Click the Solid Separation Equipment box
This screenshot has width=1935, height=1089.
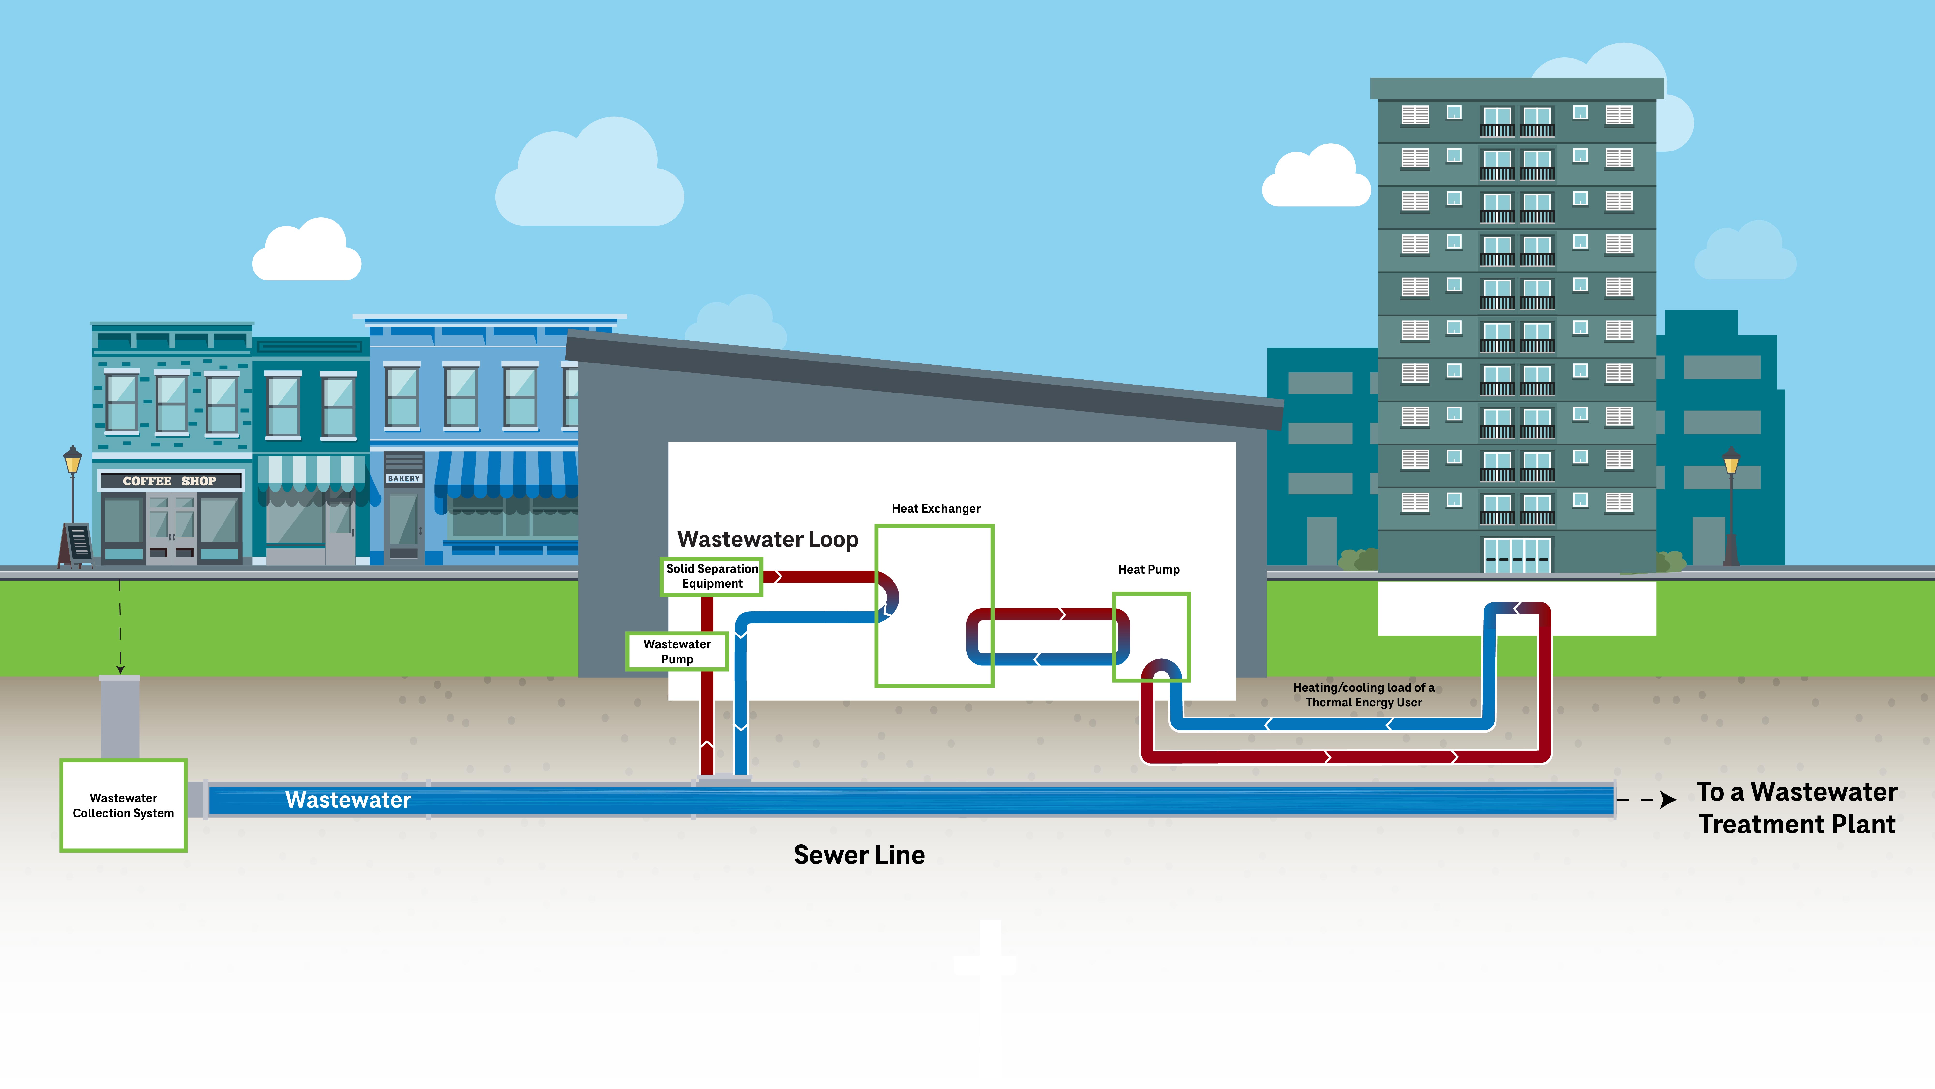coord(711,576)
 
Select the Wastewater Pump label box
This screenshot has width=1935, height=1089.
coord(677,652)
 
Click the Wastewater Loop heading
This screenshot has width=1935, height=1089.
coord(767,540)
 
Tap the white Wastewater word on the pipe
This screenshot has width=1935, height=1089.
coord(348,800)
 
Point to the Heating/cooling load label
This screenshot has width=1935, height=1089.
coord(1363,695)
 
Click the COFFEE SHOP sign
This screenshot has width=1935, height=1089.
coord(170,481)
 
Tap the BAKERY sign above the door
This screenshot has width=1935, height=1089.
coord(403,479)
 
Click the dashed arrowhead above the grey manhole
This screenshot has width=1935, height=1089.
coord(120,669)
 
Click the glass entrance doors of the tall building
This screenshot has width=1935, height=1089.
coord(1517,555)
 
